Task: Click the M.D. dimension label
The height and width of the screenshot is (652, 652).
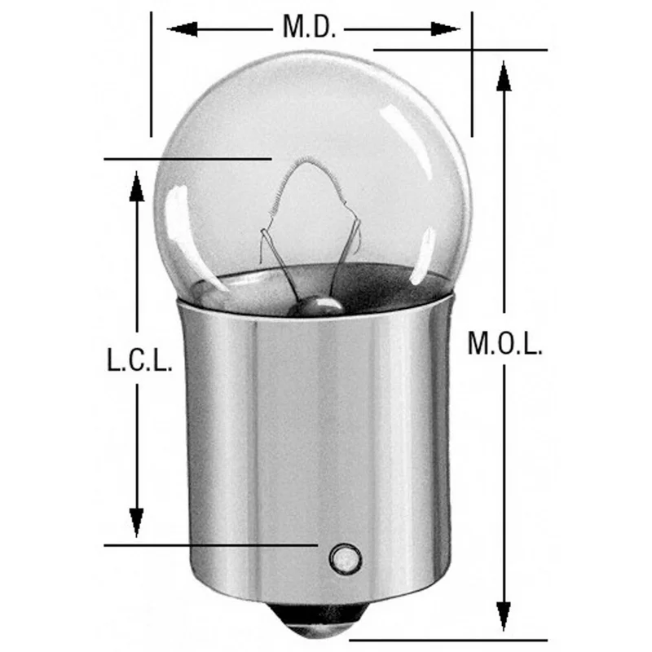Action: pyautogui.click(x=309, y=27)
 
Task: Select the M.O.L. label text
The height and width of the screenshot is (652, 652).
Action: pyautogui.click(x=504, y=343)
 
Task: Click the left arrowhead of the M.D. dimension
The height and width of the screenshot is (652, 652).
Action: pyautogui.click(x=182, y=29)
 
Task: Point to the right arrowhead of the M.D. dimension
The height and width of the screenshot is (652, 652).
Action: pyautogui.click(x=445, y=29)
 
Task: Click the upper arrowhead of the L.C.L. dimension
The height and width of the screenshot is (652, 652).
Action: pyautogui.click(x=136, y=187)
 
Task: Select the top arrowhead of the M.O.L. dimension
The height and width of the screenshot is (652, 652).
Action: pyautogui.click(x=504, y=76)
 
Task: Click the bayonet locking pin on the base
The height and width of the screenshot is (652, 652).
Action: pyautogui.click(x=345, y=558)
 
